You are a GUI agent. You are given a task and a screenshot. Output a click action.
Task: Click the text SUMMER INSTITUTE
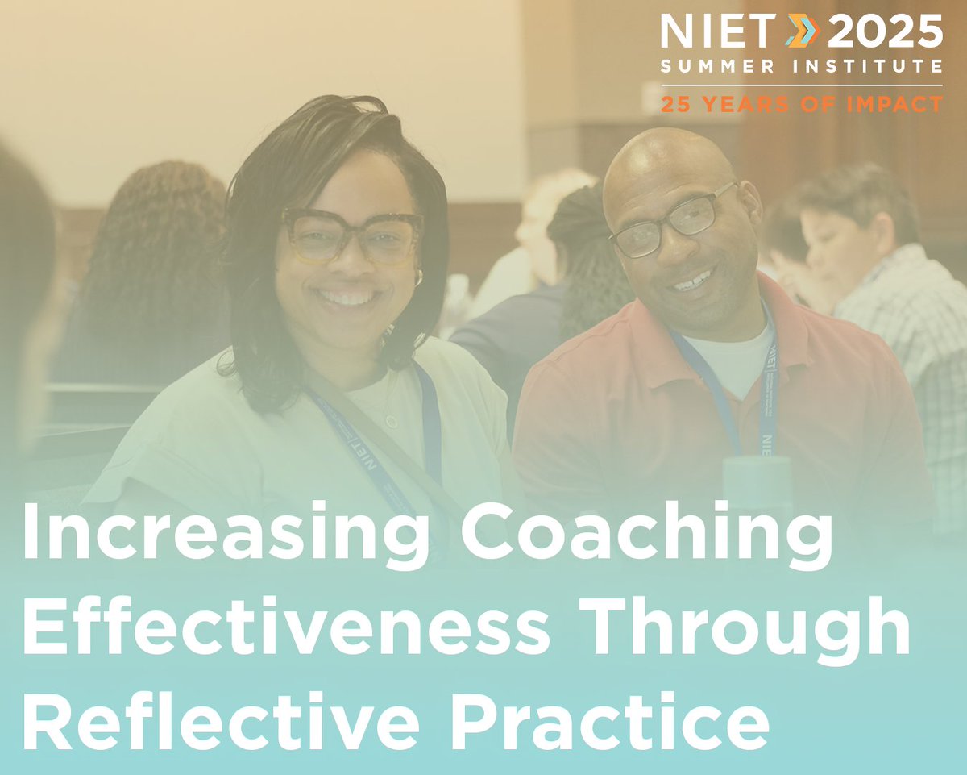(801, 67)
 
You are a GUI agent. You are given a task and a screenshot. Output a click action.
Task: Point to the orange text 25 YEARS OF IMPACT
(801, 104)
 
